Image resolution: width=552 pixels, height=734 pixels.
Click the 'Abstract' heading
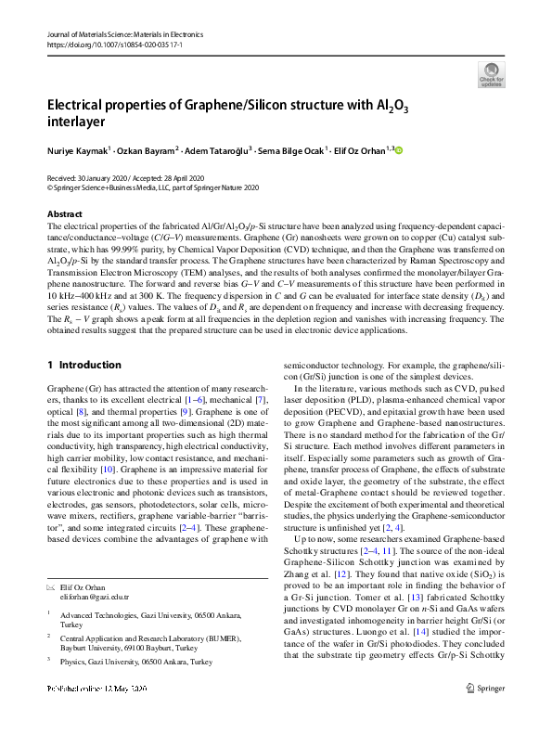(65, 213)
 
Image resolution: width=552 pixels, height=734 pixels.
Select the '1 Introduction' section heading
(83, 365)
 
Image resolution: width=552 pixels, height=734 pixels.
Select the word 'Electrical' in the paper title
(80, 105)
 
